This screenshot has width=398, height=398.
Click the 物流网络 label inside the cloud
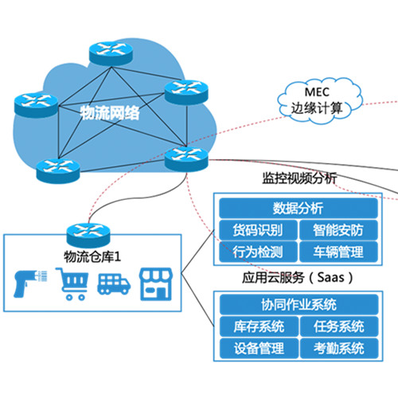(110, 113)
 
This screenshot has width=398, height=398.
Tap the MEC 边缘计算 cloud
(319, 101)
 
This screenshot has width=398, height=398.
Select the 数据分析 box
(298, 209)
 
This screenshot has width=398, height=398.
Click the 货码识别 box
(258, 230)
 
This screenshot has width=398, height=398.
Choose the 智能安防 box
(338, 230)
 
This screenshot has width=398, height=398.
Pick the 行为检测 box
(258, 252)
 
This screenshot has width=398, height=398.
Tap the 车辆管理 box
(338, 252)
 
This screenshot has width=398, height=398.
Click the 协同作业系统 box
(298, 305)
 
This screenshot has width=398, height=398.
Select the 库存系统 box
(259, 326)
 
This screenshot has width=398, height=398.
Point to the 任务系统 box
(339, 326)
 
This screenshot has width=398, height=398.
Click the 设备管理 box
(259, 348)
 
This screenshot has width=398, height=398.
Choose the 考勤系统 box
(339, 348)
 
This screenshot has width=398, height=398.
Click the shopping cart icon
(72, 284)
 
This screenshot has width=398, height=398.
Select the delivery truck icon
(114, 284)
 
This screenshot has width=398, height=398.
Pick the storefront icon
(156, 284)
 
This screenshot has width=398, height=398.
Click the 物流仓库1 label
(92, 257)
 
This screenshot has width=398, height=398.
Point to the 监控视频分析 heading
(299, 178)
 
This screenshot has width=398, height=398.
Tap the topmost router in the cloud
(111, 53)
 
